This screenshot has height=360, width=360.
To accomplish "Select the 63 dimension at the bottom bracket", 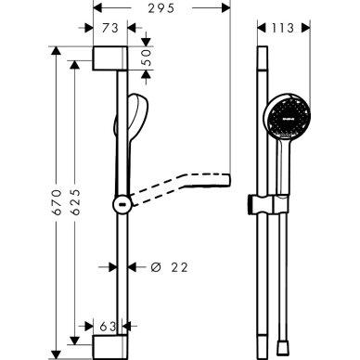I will click(x=107, y=327).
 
